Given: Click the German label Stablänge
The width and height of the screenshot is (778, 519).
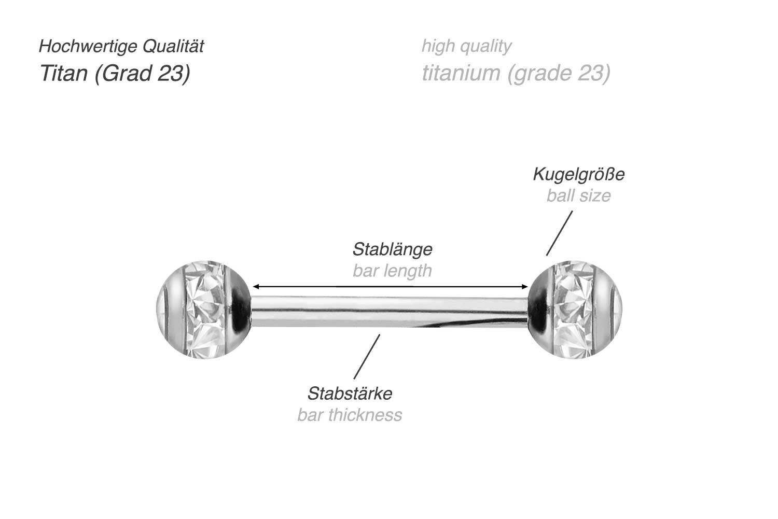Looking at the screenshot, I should (x=392, y=249).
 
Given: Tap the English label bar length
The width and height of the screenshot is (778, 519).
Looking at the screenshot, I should (x=392, y=271).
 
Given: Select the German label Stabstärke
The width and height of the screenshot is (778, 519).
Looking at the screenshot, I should (x=350, y=394).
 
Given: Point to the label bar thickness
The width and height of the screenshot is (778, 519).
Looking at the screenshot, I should (x=350, y=415).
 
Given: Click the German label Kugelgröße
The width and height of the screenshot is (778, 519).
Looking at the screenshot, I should (x=578, y=174).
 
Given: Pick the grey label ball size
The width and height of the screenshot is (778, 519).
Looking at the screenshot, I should (x=578, y=195).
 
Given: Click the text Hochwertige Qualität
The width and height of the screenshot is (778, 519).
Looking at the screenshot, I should (x=121, y=46).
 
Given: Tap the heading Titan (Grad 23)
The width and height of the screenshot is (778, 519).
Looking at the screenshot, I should (x=115, y=73).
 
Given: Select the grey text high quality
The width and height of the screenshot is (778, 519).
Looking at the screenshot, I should (x=466, y=46).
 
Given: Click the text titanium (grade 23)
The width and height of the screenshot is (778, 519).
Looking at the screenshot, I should (x=516, y=73).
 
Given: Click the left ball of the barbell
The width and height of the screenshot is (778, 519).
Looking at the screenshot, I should (x=204, y=310).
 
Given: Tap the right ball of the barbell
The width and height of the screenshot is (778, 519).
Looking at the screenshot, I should (x=575, y=310).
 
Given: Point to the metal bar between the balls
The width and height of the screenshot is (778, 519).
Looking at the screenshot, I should (x=389, y=312).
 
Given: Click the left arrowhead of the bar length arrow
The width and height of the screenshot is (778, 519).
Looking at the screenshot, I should (x=255, y=287).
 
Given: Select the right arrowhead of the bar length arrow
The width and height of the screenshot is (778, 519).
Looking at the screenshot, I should (x=525, y=287).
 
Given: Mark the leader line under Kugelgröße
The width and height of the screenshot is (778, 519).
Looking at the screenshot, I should (x=559, y=233).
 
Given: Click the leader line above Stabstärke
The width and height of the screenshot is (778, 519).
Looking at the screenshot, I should (x=367, y=357).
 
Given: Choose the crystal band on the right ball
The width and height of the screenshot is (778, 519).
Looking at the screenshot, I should (x=573, y=310).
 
